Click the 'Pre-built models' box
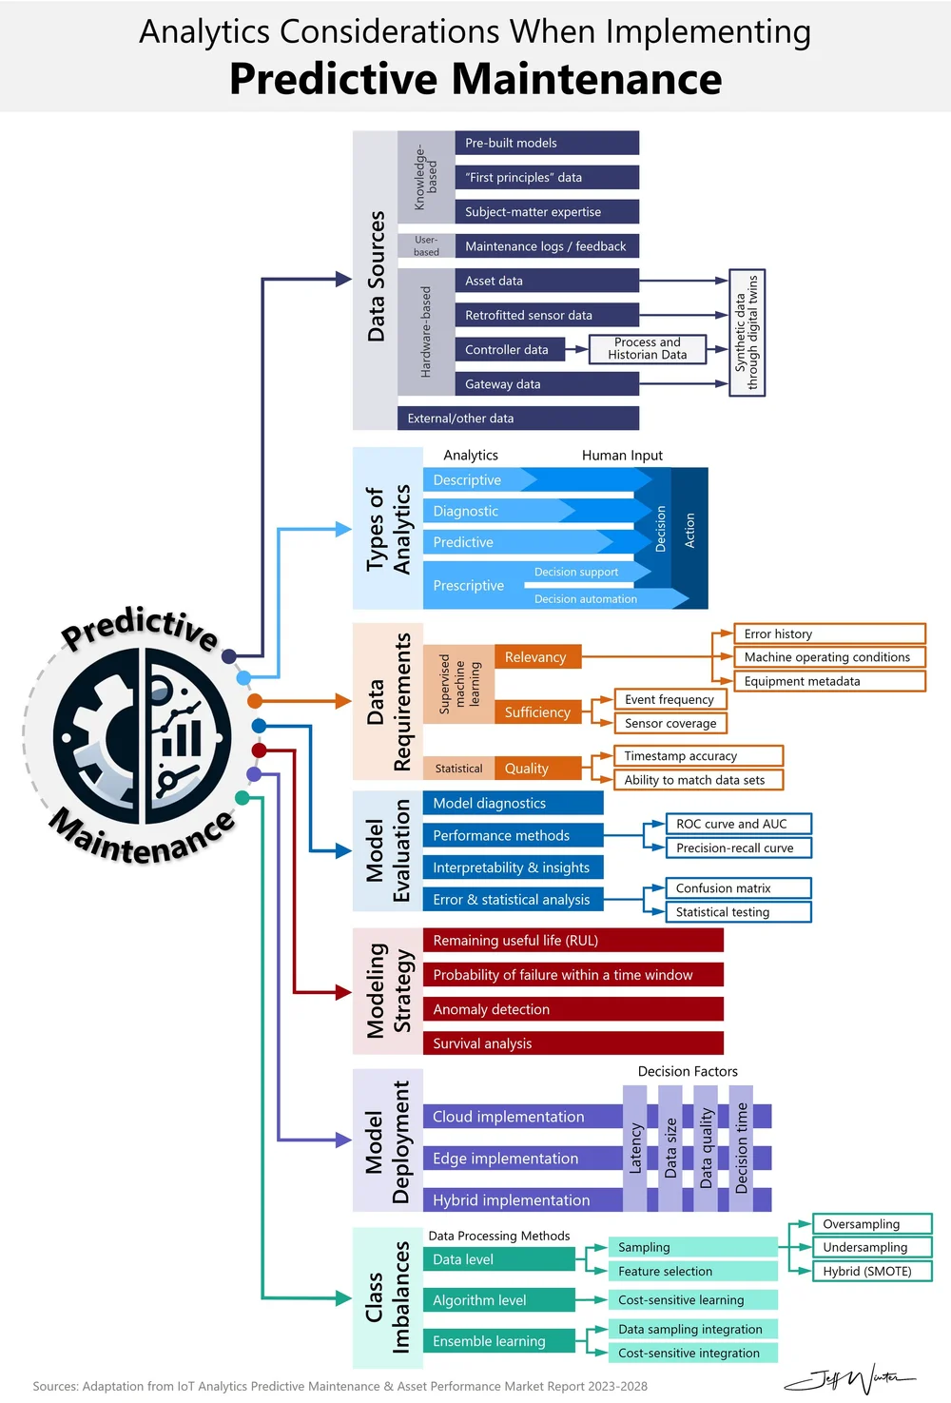[546, 143]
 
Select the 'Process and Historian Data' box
[648, 349]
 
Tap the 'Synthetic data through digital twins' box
[747, 332]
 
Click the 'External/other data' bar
[517, 419]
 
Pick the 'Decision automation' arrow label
[586, 599]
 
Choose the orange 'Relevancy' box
[536, 657]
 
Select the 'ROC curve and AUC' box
[738, 824]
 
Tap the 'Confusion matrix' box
[738, 888]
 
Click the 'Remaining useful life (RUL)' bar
[573, 941]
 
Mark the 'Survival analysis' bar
[573, 1043]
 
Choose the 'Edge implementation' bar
[521, 1159]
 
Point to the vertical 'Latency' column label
[636, 1148]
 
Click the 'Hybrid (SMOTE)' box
[871, 1271]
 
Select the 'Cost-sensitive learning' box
[692, 1300]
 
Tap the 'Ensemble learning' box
[497, 1341]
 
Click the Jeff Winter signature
[848, 1377]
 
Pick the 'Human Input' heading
[622, 456]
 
